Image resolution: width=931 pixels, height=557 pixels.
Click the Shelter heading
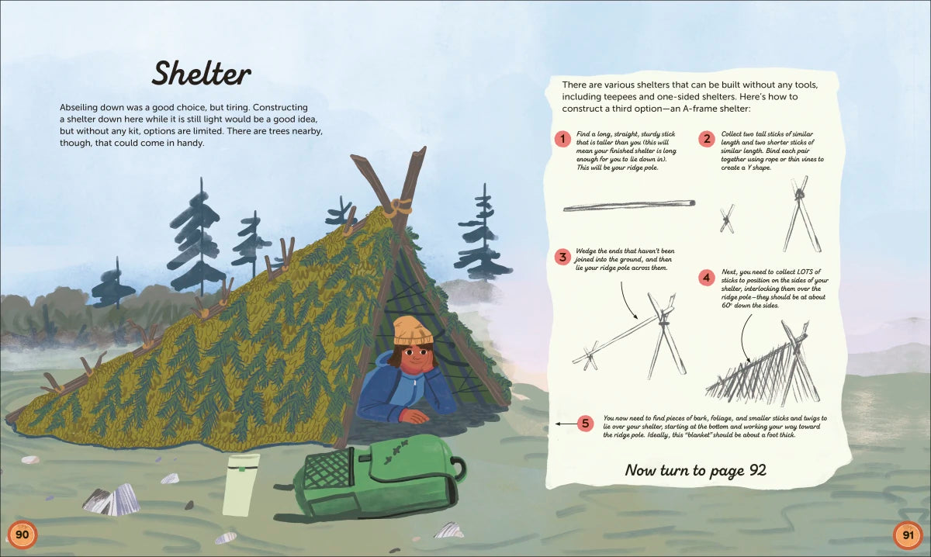click(202, 74)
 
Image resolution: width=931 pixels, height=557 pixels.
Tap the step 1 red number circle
click(562, 138)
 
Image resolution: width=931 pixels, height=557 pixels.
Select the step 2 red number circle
click(707, 138)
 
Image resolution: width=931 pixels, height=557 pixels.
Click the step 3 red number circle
click(562, 257)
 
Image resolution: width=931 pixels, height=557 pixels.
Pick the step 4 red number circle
click(707, 277)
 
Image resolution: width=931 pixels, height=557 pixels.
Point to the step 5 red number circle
click(585, 424)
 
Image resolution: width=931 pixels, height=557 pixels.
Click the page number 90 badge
click(22, 535)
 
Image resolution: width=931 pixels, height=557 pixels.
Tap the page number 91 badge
click(909, 535)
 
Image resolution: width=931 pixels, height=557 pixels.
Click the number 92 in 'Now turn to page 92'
click(758, 470)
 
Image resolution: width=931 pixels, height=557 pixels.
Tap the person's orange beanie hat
click(413, 330)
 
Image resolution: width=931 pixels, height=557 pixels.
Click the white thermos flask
click(241, 485)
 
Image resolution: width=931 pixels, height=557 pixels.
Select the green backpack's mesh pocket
click(327, 470)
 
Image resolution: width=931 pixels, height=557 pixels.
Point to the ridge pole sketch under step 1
click(629, 206)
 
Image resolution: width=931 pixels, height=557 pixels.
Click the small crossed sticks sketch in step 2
click(727, 219)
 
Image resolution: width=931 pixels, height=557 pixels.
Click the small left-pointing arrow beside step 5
click(566, 424)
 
